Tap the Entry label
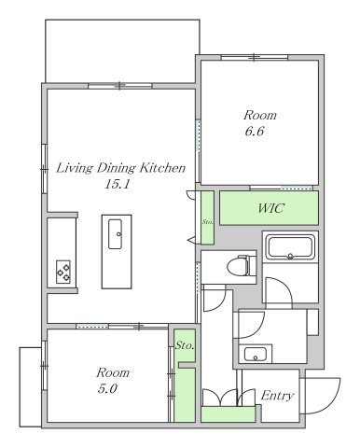pos(277,396)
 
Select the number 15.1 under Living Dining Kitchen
pos(117,185)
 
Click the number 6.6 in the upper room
pos(255,132)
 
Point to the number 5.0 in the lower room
pos(107,389)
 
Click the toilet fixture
pos(242,265)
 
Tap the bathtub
pos(290,247)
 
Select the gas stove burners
pos(63,272)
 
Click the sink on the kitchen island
pos(115,234)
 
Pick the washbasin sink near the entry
pos(256,354)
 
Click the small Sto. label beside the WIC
pos(207,222)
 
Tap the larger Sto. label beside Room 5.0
pos(185,345)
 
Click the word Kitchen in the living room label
pos(162,168)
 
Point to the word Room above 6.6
pos(260,115)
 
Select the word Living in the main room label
pos(75,168)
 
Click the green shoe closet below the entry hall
pos(228,414)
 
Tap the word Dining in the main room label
pos(116,168)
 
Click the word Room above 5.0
pos(113,372)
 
